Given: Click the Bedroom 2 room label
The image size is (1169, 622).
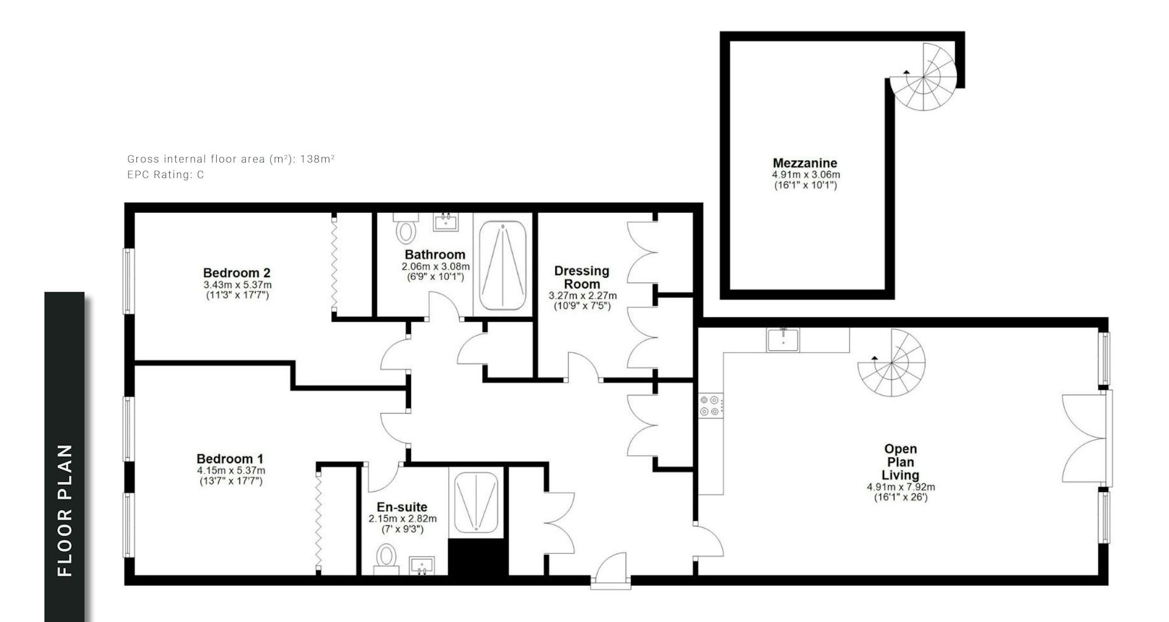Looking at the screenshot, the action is pos(237,273).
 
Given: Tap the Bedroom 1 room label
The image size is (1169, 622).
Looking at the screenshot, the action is pos(230,459).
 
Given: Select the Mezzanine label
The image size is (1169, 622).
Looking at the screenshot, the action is pos(805,163).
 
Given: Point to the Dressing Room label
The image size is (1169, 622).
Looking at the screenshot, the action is pos(581,277).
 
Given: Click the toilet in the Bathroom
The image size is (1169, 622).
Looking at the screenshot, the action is pos(405,227).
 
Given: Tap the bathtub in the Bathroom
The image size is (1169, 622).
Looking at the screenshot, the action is pos(503,266).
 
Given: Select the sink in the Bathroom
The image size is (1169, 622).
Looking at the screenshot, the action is pos(448,221).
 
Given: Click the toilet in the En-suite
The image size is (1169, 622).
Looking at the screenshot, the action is pos(386,559).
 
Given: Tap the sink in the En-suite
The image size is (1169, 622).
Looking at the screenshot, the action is pos(422,565).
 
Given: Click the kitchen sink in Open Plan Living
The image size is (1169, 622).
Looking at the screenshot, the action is pos(784,339).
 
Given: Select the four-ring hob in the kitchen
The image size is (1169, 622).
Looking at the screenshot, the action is pos(711,406).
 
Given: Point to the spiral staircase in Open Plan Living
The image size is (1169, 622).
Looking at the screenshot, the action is pos(892,363).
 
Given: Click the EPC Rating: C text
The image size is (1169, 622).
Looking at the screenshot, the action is pos(166,175).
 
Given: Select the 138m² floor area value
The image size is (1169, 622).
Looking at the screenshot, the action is pos(317,159).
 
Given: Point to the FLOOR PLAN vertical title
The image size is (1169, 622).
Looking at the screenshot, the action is pos(65,511).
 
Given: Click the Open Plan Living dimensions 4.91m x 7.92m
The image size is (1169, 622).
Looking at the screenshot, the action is pos(901,487).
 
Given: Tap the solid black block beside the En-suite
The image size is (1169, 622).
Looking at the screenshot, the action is pos(478,557).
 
